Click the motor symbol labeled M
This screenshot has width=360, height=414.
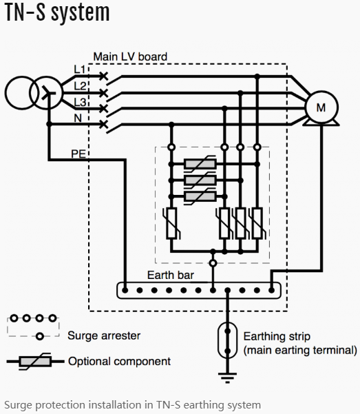321,107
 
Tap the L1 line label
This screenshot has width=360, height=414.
79,70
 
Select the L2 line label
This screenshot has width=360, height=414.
80,86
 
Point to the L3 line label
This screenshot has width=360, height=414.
80,102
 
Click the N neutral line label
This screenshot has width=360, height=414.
78,118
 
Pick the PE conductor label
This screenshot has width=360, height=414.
78,154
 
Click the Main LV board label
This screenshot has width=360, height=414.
130,56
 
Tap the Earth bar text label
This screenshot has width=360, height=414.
171,275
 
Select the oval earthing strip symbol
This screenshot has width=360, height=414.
227,340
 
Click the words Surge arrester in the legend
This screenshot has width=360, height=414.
104,336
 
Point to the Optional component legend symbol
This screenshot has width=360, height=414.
35,361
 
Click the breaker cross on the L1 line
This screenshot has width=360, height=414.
104,76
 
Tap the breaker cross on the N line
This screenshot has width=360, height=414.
104,124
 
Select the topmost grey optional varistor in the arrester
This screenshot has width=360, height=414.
200,164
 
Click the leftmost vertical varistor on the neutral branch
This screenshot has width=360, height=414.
172,223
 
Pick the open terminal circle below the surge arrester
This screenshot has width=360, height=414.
213,263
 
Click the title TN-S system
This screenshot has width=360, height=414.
57,13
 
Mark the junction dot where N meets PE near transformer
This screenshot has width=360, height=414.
49,124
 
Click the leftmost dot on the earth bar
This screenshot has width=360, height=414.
125,291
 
